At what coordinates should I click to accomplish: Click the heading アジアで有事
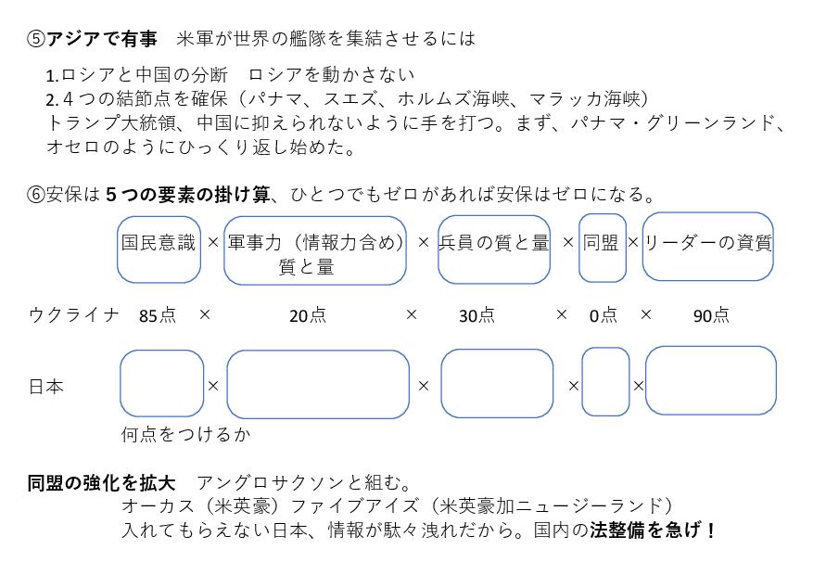coord(102,39)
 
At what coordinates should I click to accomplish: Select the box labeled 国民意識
coord(159,249)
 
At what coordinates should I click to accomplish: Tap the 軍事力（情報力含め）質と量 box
coord(315,251)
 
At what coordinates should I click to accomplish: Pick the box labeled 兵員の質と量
coord(493,249)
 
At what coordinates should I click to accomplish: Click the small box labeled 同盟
coord(603,249)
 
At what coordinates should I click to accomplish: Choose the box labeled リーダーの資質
coord(708,247)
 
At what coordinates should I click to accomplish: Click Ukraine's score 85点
coord(158,315)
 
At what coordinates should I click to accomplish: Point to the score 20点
coord(308,315)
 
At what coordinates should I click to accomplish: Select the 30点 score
coord(477,315)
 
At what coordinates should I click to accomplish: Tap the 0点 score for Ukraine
coord(603,315)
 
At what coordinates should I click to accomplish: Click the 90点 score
coord(711,315)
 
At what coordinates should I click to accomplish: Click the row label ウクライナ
coord(74,314)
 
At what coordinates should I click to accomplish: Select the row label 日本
coord(46,387)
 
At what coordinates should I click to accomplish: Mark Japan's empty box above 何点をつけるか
coord(162,384)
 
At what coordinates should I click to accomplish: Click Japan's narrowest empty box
coord(605,381)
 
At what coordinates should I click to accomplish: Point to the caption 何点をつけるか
coord(185,434)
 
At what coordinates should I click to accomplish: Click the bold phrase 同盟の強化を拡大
coord(101,482)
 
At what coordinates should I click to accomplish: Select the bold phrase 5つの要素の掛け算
coord(187,195)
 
